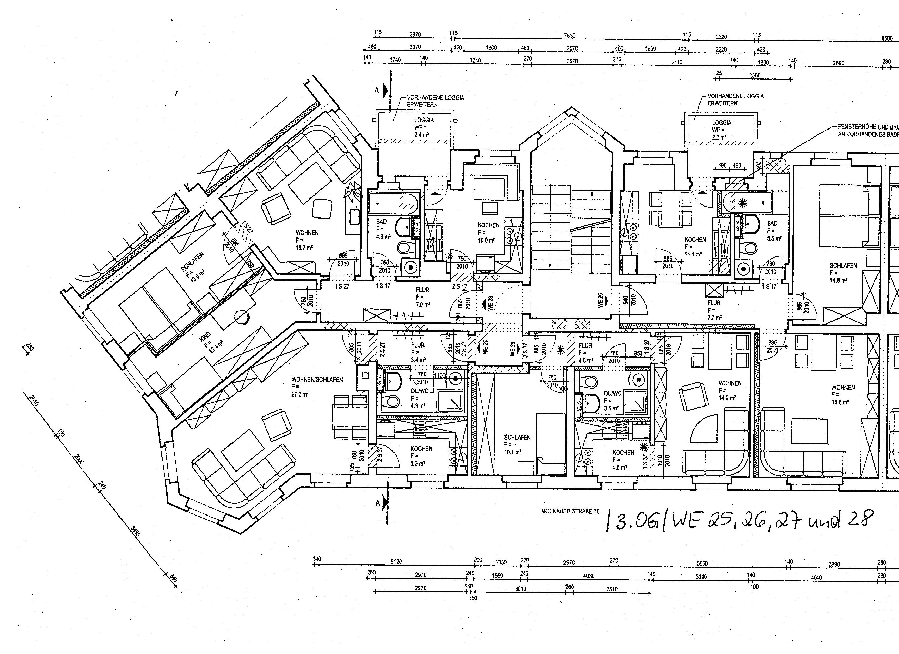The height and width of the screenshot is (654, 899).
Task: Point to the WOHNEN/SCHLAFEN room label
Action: [x=317, y=380]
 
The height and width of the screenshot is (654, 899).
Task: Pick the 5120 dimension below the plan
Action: [x=396, y=562]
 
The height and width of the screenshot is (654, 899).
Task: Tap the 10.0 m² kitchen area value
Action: [x=486, y=240]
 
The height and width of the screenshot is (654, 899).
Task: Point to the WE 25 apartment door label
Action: [x=601, y=300]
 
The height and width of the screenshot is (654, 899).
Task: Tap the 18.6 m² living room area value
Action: [x=840, y=402]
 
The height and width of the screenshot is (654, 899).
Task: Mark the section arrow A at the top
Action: [x=377, y=91]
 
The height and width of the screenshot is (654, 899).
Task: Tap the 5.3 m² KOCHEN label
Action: [x=421, y=449]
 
